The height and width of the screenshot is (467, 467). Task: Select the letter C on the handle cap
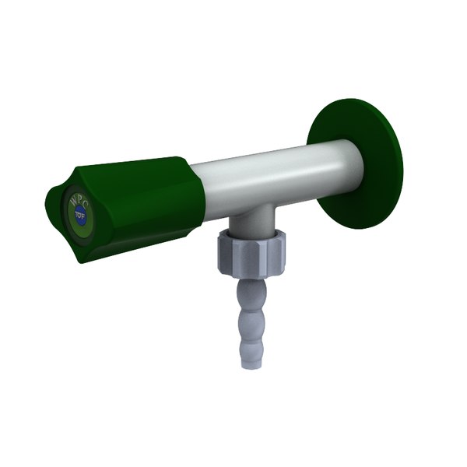click(x=86, y=204)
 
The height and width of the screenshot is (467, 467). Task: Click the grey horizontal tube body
click(x=265, y=175)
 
